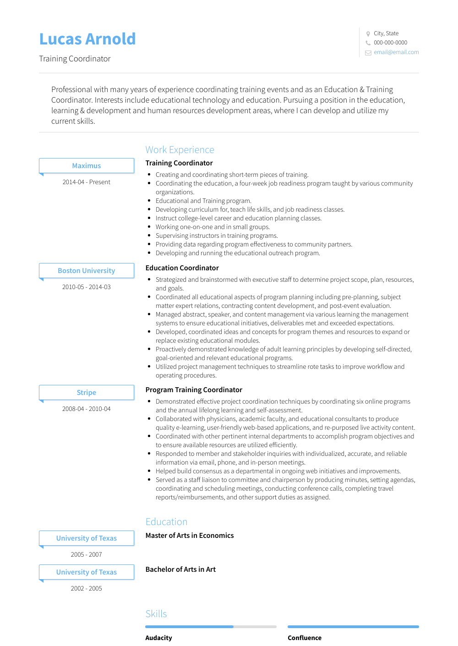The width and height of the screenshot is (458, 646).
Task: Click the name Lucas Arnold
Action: (x=87, y=39)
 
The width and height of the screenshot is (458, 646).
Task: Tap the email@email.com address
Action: (x=396, y=52)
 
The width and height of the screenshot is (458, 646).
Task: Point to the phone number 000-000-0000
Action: (x=390, y=43)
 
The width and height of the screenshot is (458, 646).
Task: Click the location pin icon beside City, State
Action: (x=368, y=33)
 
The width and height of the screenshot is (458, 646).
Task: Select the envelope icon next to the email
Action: (x=368, y=53)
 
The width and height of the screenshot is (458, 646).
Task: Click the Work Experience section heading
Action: (x=180, y=150)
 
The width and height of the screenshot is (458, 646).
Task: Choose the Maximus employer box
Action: (x=87, y=166)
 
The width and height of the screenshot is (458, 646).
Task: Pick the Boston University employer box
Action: (x=87, y=271)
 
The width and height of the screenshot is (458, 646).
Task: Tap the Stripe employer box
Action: (x=87, y=393)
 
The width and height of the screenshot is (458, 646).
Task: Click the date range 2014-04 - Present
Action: (x=87, y=182)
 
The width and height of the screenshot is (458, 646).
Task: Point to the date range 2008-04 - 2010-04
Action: (x=87, y=409)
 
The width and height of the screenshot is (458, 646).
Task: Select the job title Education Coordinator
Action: (x=182, y=268)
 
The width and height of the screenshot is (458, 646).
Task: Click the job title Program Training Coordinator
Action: (x=194, y=390)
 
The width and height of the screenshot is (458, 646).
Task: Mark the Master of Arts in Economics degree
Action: (x=190, y=536)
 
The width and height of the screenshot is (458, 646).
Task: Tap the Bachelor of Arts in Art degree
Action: (x=180, y=569)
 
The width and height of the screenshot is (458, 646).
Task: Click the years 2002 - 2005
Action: (x=87, y=589)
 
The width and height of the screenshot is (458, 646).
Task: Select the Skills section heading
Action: (x=156, y=614)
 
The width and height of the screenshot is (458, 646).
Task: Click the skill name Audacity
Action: (x=159, y=638)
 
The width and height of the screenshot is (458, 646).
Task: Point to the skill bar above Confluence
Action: (x=353, y=627)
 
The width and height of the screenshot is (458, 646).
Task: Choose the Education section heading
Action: (x=166, y=522)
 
